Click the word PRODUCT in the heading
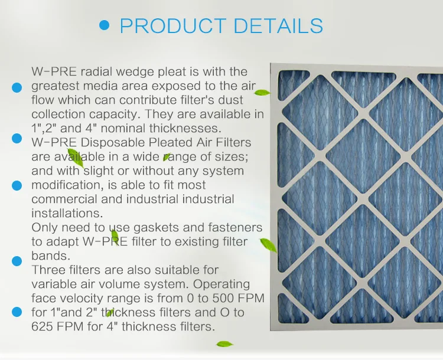click(x=172, y=26)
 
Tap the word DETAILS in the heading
click(x=279, y=26)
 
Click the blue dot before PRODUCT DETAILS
click(x=105, y=25)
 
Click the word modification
click(x=65, y=185)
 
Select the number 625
click(x=44, y=326)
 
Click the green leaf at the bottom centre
click(x=224, y=343)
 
